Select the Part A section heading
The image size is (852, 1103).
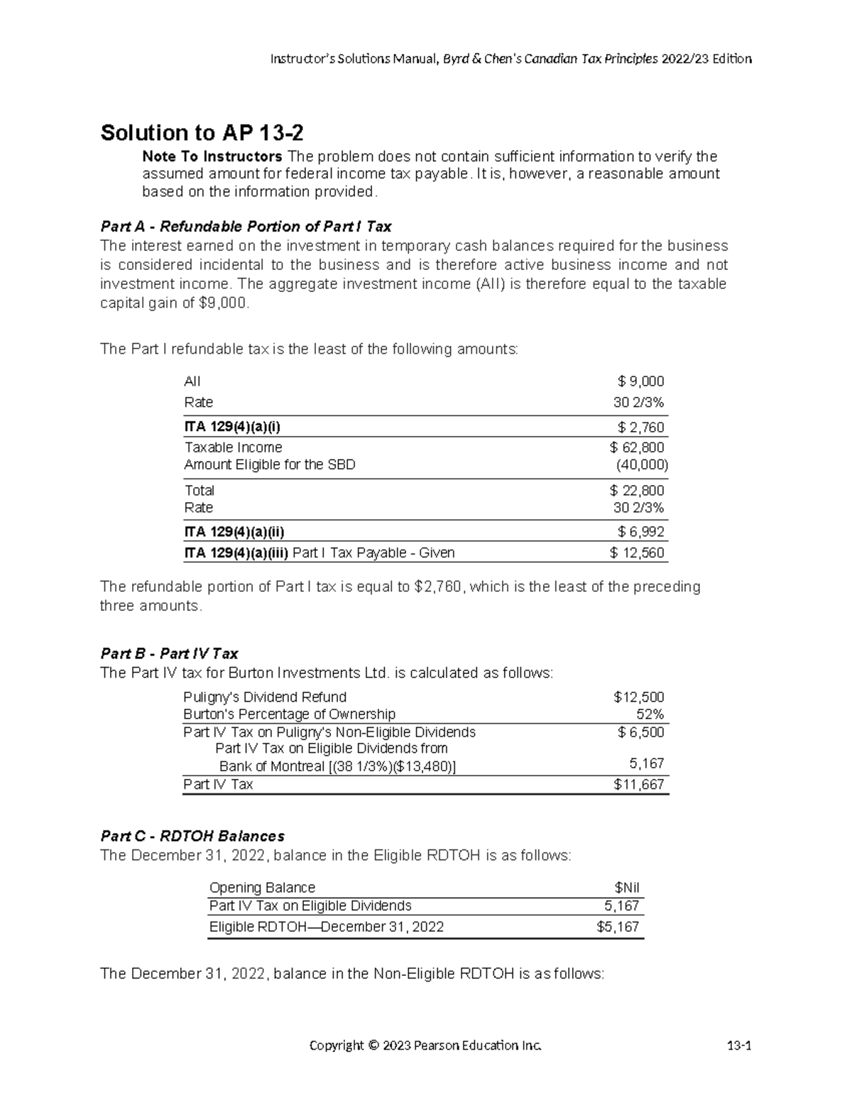(246, 227)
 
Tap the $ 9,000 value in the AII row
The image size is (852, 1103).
(640, 381)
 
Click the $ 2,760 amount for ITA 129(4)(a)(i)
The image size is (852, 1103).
(640, 427)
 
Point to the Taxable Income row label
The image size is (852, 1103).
(233, 447)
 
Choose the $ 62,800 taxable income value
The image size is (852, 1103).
(637, 447)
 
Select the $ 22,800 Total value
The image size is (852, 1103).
(637, 490)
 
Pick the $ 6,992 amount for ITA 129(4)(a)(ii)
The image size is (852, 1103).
(640, 532)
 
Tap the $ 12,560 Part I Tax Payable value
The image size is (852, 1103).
(637, 553)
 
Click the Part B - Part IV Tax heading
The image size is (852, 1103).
(169, 653)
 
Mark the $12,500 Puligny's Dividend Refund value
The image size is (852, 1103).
(638, 697)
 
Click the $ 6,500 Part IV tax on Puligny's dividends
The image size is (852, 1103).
(640, 732)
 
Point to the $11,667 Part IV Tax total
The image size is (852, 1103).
(638, 784)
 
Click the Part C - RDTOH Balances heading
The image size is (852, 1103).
(192, 836)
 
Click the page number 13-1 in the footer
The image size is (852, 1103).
(738, 1045)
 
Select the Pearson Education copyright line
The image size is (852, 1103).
(425, 1045)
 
